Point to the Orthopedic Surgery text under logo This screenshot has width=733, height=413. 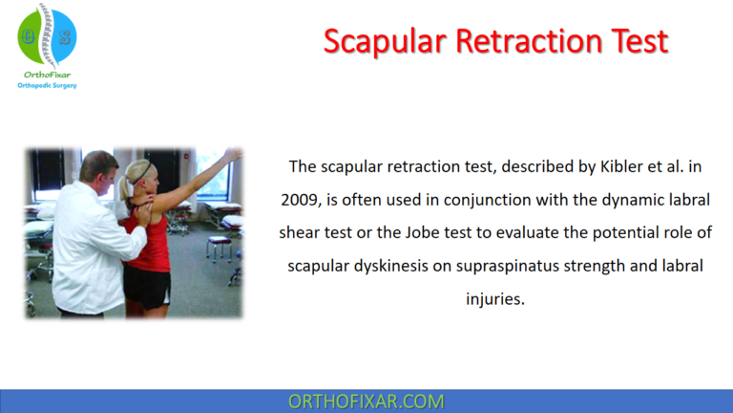47,85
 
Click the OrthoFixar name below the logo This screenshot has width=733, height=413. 47,73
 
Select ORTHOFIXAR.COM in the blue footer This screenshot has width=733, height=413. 366,402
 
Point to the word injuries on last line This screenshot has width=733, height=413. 494,297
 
